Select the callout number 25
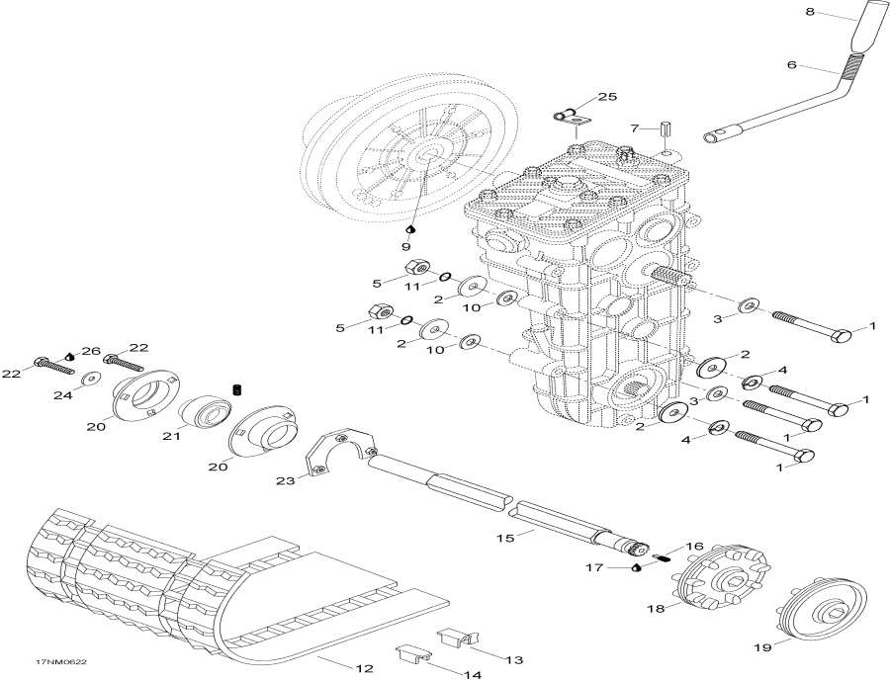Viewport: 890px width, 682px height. [x=607, y=96]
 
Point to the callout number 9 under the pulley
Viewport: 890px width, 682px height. [x=405, y=246]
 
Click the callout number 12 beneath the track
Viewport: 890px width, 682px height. [x=364, y=668]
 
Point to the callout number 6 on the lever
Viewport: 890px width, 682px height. [x=791, y=66]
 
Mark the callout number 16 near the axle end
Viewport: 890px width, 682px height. [x=694, y=545]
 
